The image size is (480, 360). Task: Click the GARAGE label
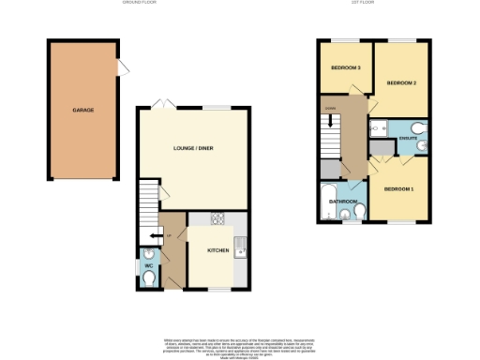point(83,111)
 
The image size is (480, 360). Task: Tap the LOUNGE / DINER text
point(193,150)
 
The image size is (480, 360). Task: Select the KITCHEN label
point(217,251)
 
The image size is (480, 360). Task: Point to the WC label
point(147,265)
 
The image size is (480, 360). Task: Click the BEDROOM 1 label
point(399,190)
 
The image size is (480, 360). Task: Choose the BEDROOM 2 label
point(402,83)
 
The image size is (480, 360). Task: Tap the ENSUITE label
point(409,138)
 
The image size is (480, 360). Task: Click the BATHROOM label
point(343,202)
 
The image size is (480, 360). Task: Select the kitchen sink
point(240,249)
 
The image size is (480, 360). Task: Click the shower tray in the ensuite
point(381,146)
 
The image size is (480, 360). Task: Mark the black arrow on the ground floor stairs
point(153,235)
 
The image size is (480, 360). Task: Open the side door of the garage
point(122,68)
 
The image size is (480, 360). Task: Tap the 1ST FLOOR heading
point(360,4)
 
